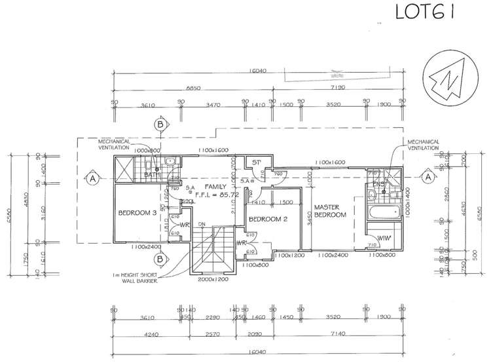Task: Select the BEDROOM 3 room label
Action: tap(137, 213)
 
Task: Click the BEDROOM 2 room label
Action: tap(270, 219)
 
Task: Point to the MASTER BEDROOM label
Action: tap(330, 210)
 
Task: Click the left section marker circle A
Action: tap(93, 178)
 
